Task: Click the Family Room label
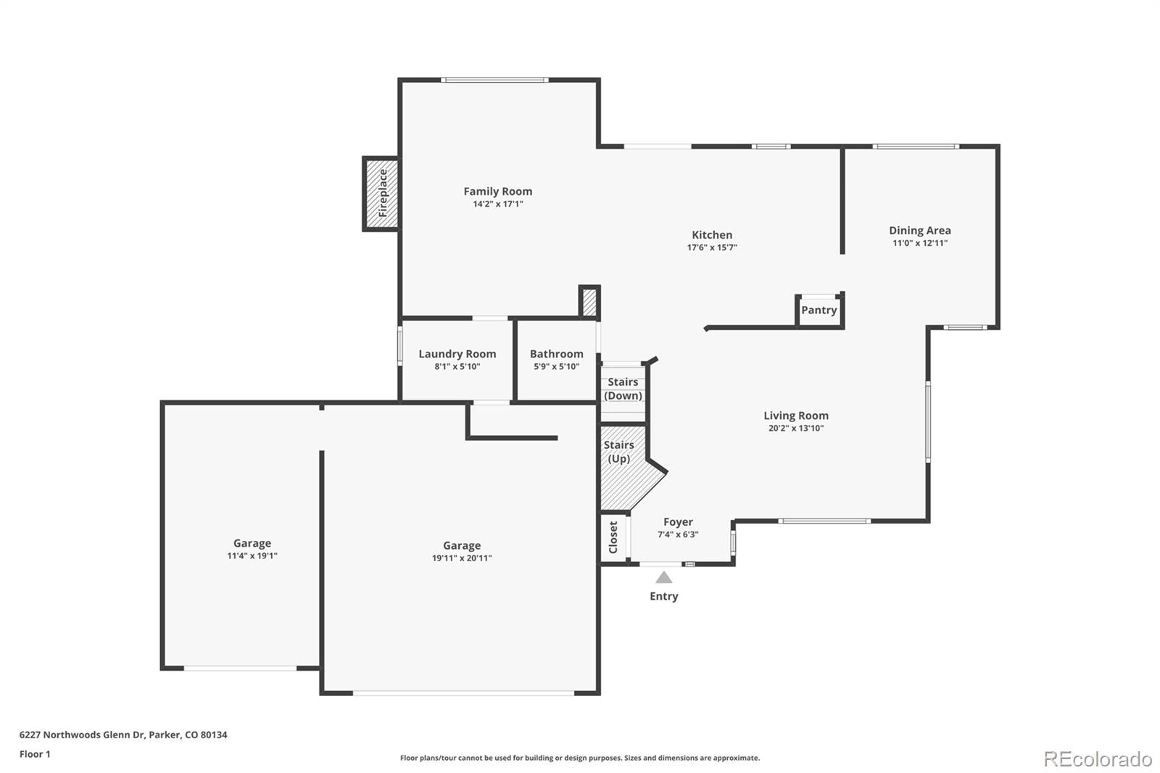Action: point(497,191)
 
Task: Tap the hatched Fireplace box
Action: point(381,194)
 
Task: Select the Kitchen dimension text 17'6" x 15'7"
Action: point(712,247)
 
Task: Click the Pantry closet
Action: point(819,310)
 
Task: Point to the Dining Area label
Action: point(919,231)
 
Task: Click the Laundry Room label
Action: point(457,354)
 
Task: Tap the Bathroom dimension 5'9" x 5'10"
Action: point(556,366)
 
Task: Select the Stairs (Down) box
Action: point(623,389)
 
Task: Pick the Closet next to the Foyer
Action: point(613,537)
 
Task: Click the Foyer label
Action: point(678,522)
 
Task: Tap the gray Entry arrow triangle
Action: point(663,578)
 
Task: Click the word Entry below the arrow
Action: point(663,596)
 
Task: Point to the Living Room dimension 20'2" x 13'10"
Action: point(795,428)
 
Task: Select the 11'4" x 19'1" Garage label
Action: point(252,555)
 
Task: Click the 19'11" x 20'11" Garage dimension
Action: point(461,558)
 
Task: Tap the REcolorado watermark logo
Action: point(1097,758)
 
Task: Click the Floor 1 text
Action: point(35,754)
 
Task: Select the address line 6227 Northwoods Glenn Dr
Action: point(123,735)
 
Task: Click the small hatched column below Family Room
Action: point(589,302)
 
